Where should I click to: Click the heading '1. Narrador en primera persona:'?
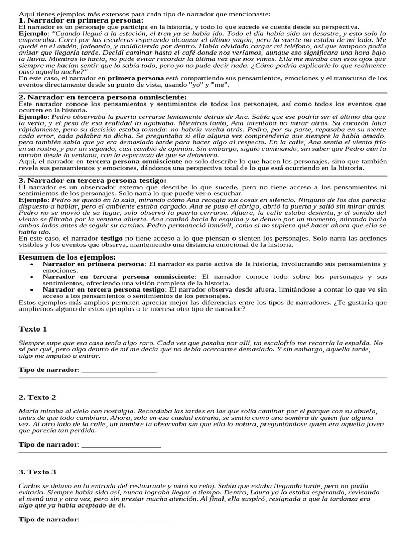click(x=81, y=20)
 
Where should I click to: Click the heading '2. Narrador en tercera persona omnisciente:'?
click(x=102, y=97)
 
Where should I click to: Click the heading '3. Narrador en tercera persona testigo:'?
click(x=92, y=180)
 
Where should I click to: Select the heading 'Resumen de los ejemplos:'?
click(x=67, y=257)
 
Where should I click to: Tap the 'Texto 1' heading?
click(x=33, y=329)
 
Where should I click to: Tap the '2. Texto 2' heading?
click(x=37, y=397)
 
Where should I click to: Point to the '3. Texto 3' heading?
click(x=37, y=472)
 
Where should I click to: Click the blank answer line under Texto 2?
click(x=121, y=446)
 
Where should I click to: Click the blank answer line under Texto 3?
click(x=127, y=520)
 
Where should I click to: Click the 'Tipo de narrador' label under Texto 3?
click(x=48, y=520)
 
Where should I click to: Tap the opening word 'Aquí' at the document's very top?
click(x=26, y=13)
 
